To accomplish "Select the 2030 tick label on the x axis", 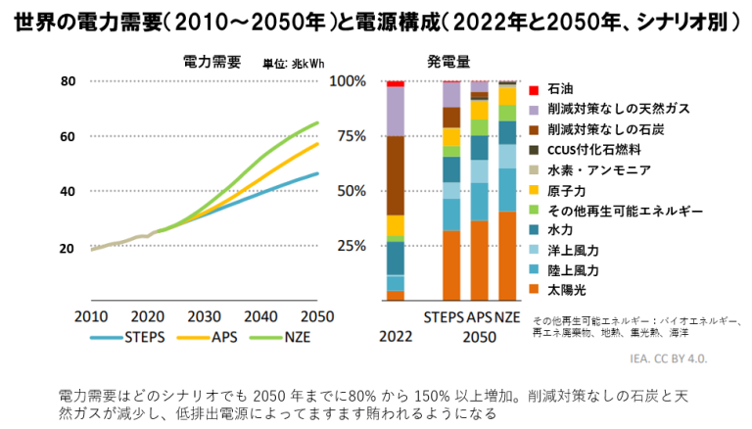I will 204,317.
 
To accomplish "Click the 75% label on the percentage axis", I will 348,136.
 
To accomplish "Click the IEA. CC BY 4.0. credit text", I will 692,358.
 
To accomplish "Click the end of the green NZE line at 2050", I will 318,122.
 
